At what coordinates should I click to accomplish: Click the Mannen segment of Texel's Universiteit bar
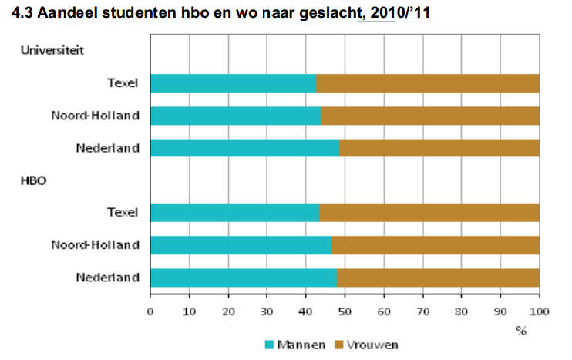233,83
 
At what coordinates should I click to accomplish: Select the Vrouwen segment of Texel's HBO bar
429,212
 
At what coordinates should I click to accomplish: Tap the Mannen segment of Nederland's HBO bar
244,277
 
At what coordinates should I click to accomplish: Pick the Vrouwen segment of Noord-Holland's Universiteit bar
429,116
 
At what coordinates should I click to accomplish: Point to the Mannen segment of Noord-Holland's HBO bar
241,244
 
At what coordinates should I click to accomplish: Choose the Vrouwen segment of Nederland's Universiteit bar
439,148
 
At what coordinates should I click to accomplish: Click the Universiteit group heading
52,51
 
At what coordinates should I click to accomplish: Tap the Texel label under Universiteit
123,83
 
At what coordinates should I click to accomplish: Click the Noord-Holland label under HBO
95,244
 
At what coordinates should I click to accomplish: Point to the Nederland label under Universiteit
107,148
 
